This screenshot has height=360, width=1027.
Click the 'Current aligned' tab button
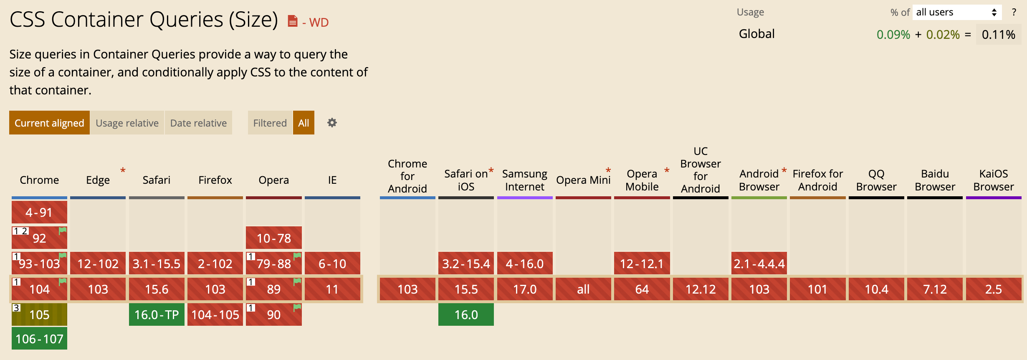[x=49, y=123]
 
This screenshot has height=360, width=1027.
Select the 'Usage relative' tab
[x=127, y=123]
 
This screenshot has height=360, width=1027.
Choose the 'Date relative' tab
[x=198, y=123]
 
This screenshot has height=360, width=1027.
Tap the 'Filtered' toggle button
[x=270, y=123]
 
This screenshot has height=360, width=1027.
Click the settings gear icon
[x=332, y=123]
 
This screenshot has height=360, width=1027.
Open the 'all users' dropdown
[x=956, y=12]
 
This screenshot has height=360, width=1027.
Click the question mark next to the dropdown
[x=1014, y=12]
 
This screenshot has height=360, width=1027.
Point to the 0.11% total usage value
[x=998, y=34]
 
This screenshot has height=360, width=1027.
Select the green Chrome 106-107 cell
[x=39, y=339]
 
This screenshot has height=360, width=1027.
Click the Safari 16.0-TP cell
[x=157, y=314]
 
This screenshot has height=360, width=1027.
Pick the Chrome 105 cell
[x=39, y=314]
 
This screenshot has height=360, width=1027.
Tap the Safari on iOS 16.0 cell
[x=466, y=314]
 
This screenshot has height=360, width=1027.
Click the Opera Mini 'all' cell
[x=583, y=289]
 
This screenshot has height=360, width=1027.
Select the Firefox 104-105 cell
[x=215, y=314]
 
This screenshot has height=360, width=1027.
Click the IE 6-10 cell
[x=332, y=264]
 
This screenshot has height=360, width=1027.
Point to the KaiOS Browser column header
[x=994, y=180]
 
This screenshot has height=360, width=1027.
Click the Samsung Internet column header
[x=525, y=180]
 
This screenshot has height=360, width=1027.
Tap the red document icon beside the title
[x=293, y=21]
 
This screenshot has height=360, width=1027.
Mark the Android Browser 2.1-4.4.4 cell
[x=759, y=264]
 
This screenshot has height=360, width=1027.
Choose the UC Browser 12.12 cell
[x=701, y=289]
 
